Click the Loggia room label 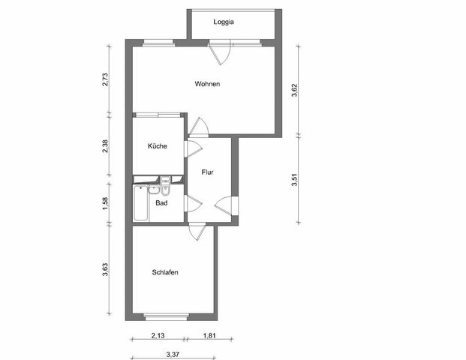click(x=224, y=22)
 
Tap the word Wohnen click(x=207, y=84)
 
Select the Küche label click(x=157, y=146)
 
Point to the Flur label click(x=208, y=172)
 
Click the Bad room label click(x=161, y=202)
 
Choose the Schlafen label click(x=164, y=273)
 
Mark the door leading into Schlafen click(x=197, y=231)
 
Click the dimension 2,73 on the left click(x=106, y=79)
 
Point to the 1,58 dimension click(x=106, y=203)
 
